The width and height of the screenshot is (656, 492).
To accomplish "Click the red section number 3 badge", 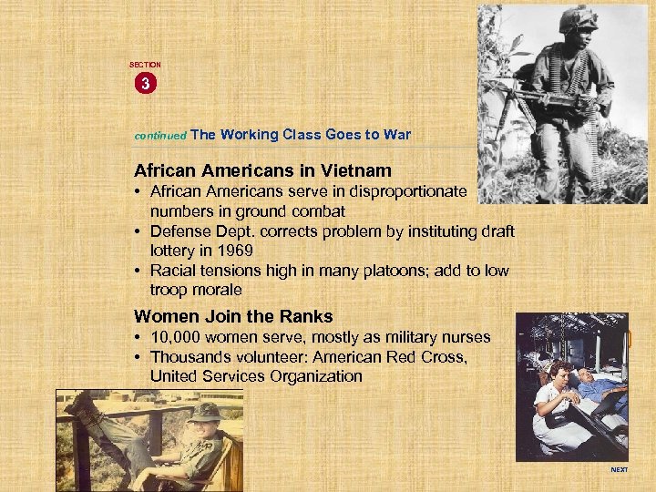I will [x=145, y=84].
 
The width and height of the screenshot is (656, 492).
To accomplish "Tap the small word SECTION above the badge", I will [x=145, y=65].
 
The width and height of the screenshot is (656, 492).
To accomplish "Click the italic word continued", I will [x=160, y=135].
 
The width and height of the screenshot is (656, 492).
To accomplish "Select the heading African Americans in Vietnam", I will [x=262, y=170].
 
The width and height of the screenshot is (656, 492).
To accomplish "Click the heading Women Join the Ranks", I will [x=233, y=317].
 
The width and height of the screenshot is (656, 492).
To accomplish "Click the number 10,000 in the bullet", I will [x=179, y=337].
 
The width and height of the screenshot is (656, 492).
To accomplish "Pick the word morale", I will [x=218, y=290].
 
